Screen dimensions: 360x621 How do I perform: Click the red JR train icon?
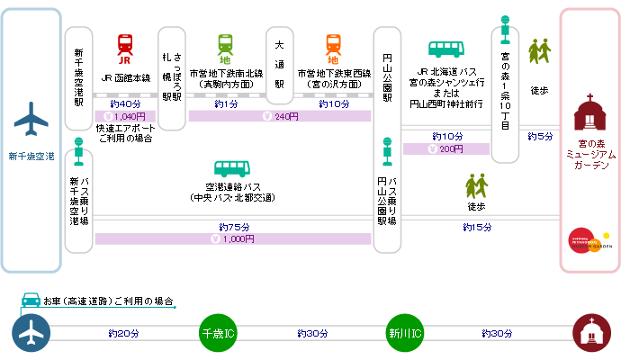point(126,45)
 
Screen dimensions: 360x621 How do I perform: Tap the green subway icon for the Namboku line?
point(226,45)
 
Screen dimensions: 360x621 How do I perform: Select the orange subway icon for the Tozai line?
point(333,45)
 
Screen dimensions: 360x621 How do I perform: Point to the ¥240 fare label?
point(280,116)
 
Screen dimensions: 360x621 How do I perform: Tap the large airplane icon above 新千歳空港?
point(31,118)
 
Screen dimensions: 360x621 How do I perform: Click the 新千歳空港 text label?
point(31,157)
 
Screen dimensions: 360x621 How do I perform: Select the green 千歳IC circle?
point(217,332)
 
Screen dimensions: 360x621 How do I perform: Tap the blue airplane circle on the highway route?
point(31,332)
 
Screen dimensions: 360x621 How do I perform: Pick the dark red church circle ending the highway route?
point(590,332)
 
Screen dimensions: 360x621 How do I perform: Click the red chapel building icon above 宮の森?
point(589,113)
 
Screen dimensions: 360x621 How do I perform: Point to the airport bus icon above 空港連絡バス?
point(232,170)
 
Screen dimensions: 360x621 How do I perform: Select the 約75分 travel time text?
point(232,226)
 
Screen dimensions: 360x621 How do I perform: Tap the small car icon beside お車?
point(31,300)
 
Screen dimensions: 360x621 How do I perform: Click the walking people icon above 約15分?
point(476,186)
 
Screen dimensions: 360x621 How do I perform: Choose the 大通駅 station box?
point(280,66)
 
